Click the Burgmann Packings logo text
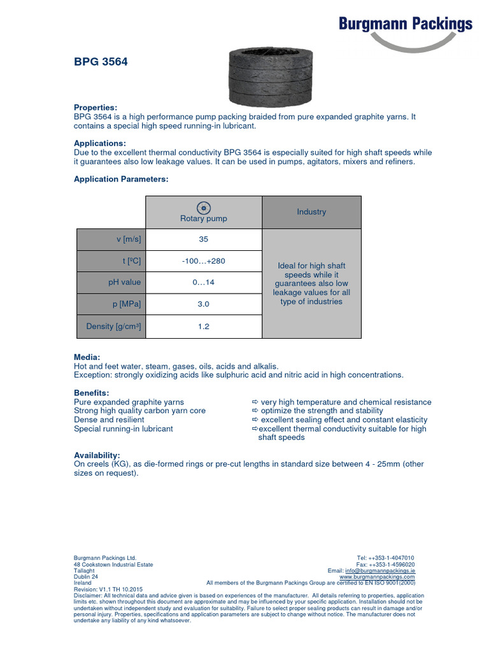[x=405, y=24]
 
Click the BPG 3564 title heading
[x=96, y=62]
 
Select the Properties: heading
[x=96, y=108]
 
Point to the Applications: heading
[x=100, y=143]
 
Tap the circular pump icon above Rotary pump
[x=204, y=207]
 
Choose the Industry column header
[x=311, y=212]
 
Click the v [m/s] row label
[x=128, y=239]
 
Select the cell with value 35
[x=204, y=239]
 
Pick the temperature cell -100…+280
[x=204, y=261]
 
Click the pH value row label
[x=124, y=282]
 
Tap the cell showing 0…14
[x=204, y=282]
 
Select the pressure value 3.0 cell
[x=204, y=304]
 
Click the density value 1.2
[x=204, y=327]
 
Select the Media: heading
[x=87, y=357]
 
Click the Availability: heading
[x=97, y=455]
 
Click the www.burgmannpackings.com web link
[x=377, y=577]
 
